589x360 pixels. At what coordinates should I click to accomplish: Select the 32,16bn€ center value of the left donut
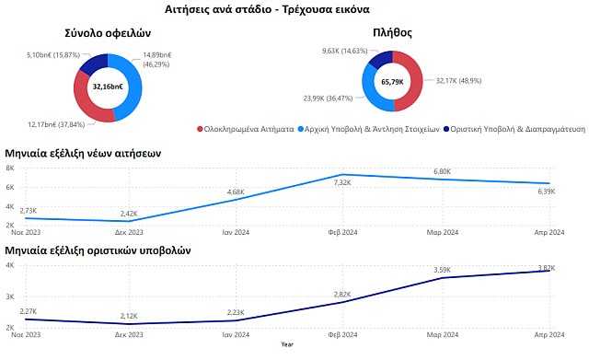click(x=108, y=87)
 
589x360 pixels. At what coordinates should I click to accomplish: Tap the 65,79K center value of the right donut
click(x=393, y=82)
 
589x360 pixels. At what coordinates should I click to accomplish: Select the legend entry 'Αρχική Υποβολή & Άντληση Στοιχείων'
click(x=373, y=131)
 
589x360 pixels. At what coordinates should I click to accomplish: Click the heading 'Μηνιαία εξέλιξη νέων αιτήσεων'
click(x=84, y=153)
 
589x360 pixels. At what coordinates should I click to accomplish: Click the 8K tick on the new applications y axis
click(x=8, y=168)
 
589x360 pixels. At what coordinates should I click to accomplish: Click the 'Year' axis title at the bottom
click(x=287, y=344)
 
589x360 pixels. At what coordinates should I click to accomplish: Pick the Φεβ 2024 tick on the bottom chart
click(x=343, y=336)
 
